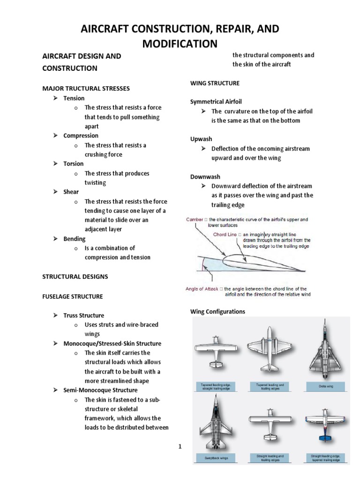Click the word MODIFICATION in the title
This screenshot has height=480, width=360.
pyautogui.click(x=180, y=44)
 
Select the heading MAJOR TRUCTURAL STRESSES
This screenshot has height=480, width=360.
pyautogui.click(x=86, y=89)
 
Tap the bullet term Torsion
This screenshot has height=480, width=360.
pyautogui.click(x=74, y=164)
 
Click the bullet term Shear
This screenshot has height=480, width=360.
pyautogui.click(x=71, y=192)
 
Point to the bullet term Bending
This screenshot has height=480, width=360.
pyautogui.click(x=75, y=239)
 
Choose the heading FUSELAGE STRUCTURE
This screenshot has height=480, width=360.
pyautogui.click(x=73, y=297)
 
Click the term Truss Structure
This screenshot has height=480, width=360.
pyautogui.click(x=84, y=315)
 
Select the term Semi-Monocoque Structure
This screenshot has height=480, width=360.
pyautogui.click(x=100, y=390)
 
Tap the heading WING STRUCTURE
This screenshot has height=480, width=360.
pyautogui.click(x=215, y=83)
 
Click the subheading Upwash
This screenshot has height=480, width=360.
pyautogui.click(x=201, y=139)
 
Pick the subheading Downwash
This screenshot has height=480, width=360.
pyautogui.click(x=205, y=177)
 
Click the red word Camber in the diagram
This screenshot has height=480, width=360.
pyautogui.click(x=195, y=219)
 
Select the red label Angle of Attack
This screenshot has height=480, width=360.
pyautogui.click(x=202, y=289)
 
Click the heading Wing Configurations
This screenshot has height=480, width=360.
pyautogui.click(x=217, y=312)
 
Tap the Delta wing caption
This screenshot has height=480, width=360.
pyautogui.click(x=326, y=387)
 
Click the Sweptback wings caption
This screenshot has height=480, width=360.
pyautogui.click(x=217, y=457)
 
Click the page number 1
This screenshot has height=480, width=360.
pyautogui.click(x=180, y=446)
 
